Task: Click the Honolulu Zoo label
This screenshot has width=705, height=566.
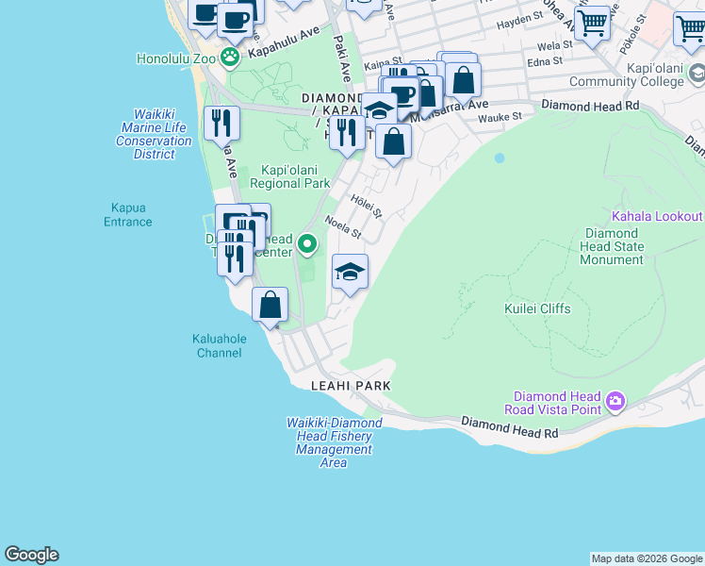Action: point(176,58)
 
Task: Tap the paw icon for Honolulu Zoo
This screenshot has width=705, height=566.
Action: point(231,57)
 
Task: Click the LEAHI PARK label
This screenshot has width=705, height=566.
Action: point(351,386)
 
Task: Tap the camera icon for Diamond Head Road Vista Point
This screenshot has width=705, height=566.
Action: point(615,402)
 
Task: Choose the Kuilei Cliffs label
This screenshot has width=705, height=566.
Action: point(537,308)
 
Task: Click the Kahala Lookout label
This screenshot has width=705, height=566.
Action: point(657,216)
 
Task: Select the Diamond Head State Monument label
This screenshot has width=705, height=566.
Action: point(615,246)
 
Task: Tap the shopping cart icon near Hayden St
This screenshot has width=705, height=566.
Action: point(592,22)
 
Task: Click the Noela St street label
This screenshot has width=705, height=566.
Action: point(343,227)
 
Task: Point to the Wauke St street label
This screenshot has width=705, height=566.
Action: point(500,117)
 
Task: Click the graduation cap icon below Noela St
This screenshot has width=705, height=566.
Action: point(350,273)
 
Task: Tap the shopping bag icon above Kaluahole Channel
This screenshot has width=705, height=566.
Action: point(271,305)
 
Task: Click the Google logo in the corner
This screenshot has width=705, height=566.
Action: point(31,555)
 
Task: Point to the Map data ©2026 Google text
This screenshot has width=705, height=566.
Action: point(647,559)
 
